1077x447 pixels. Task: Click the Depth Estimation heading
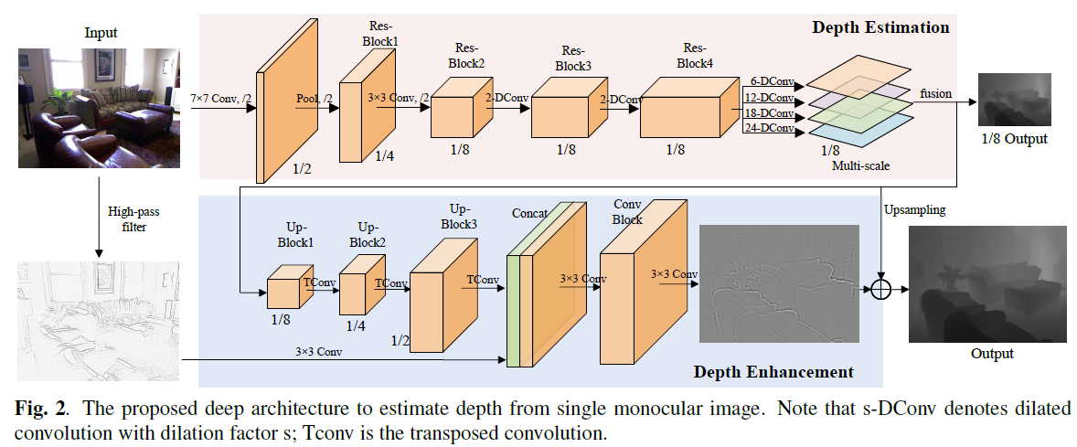(x=880, y=27)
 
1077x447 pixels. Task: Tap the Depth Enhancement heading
(x=773, y=371)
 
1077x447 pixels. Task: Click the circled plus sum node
(x=880, y=289)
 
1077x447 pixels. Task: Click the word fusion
(x=935, y=93)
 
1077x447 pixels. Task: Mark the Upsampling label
(x=914, y=209)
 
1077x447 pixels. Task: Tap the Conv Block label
(x=627, y=212)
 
